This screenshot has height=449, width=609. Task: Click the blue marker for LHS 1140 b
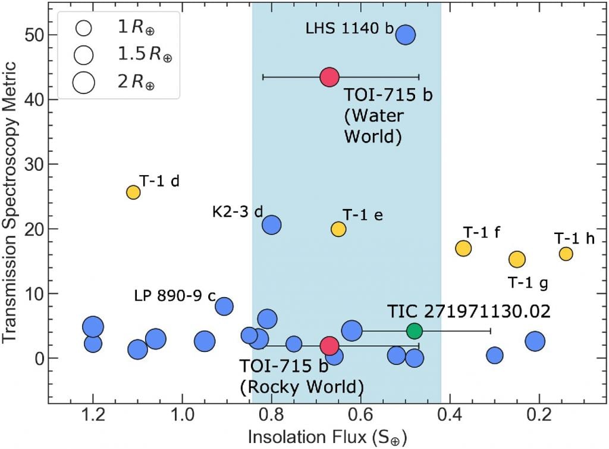click(406, 35)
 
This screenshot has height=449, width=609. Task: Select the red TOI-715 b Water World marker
click(329, 77)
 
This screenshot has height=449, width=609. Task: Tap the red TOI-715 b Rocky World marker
click(329, 346)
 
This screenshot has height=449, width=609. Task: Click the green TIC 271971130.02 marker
click(415, 330)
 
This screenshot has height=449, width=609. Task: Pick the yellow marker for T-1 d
click(133, 192)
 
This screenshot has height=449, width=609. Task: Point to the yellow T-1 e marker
click(338, 229)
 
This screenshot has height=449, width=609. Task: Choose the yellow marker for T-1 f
click(463, 248)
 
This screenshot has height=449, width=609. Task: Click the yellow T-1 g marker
click(517, 259)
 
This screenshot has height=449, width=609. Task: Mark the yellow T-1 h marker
click(566, 254)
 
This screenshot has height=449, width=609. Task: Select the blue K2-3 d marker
click(272, 225)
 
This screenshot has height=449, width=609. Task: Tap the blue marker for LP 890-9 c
click(224, 307)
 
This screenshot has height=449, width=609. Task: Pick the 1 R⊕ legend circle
click(84, 27)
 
